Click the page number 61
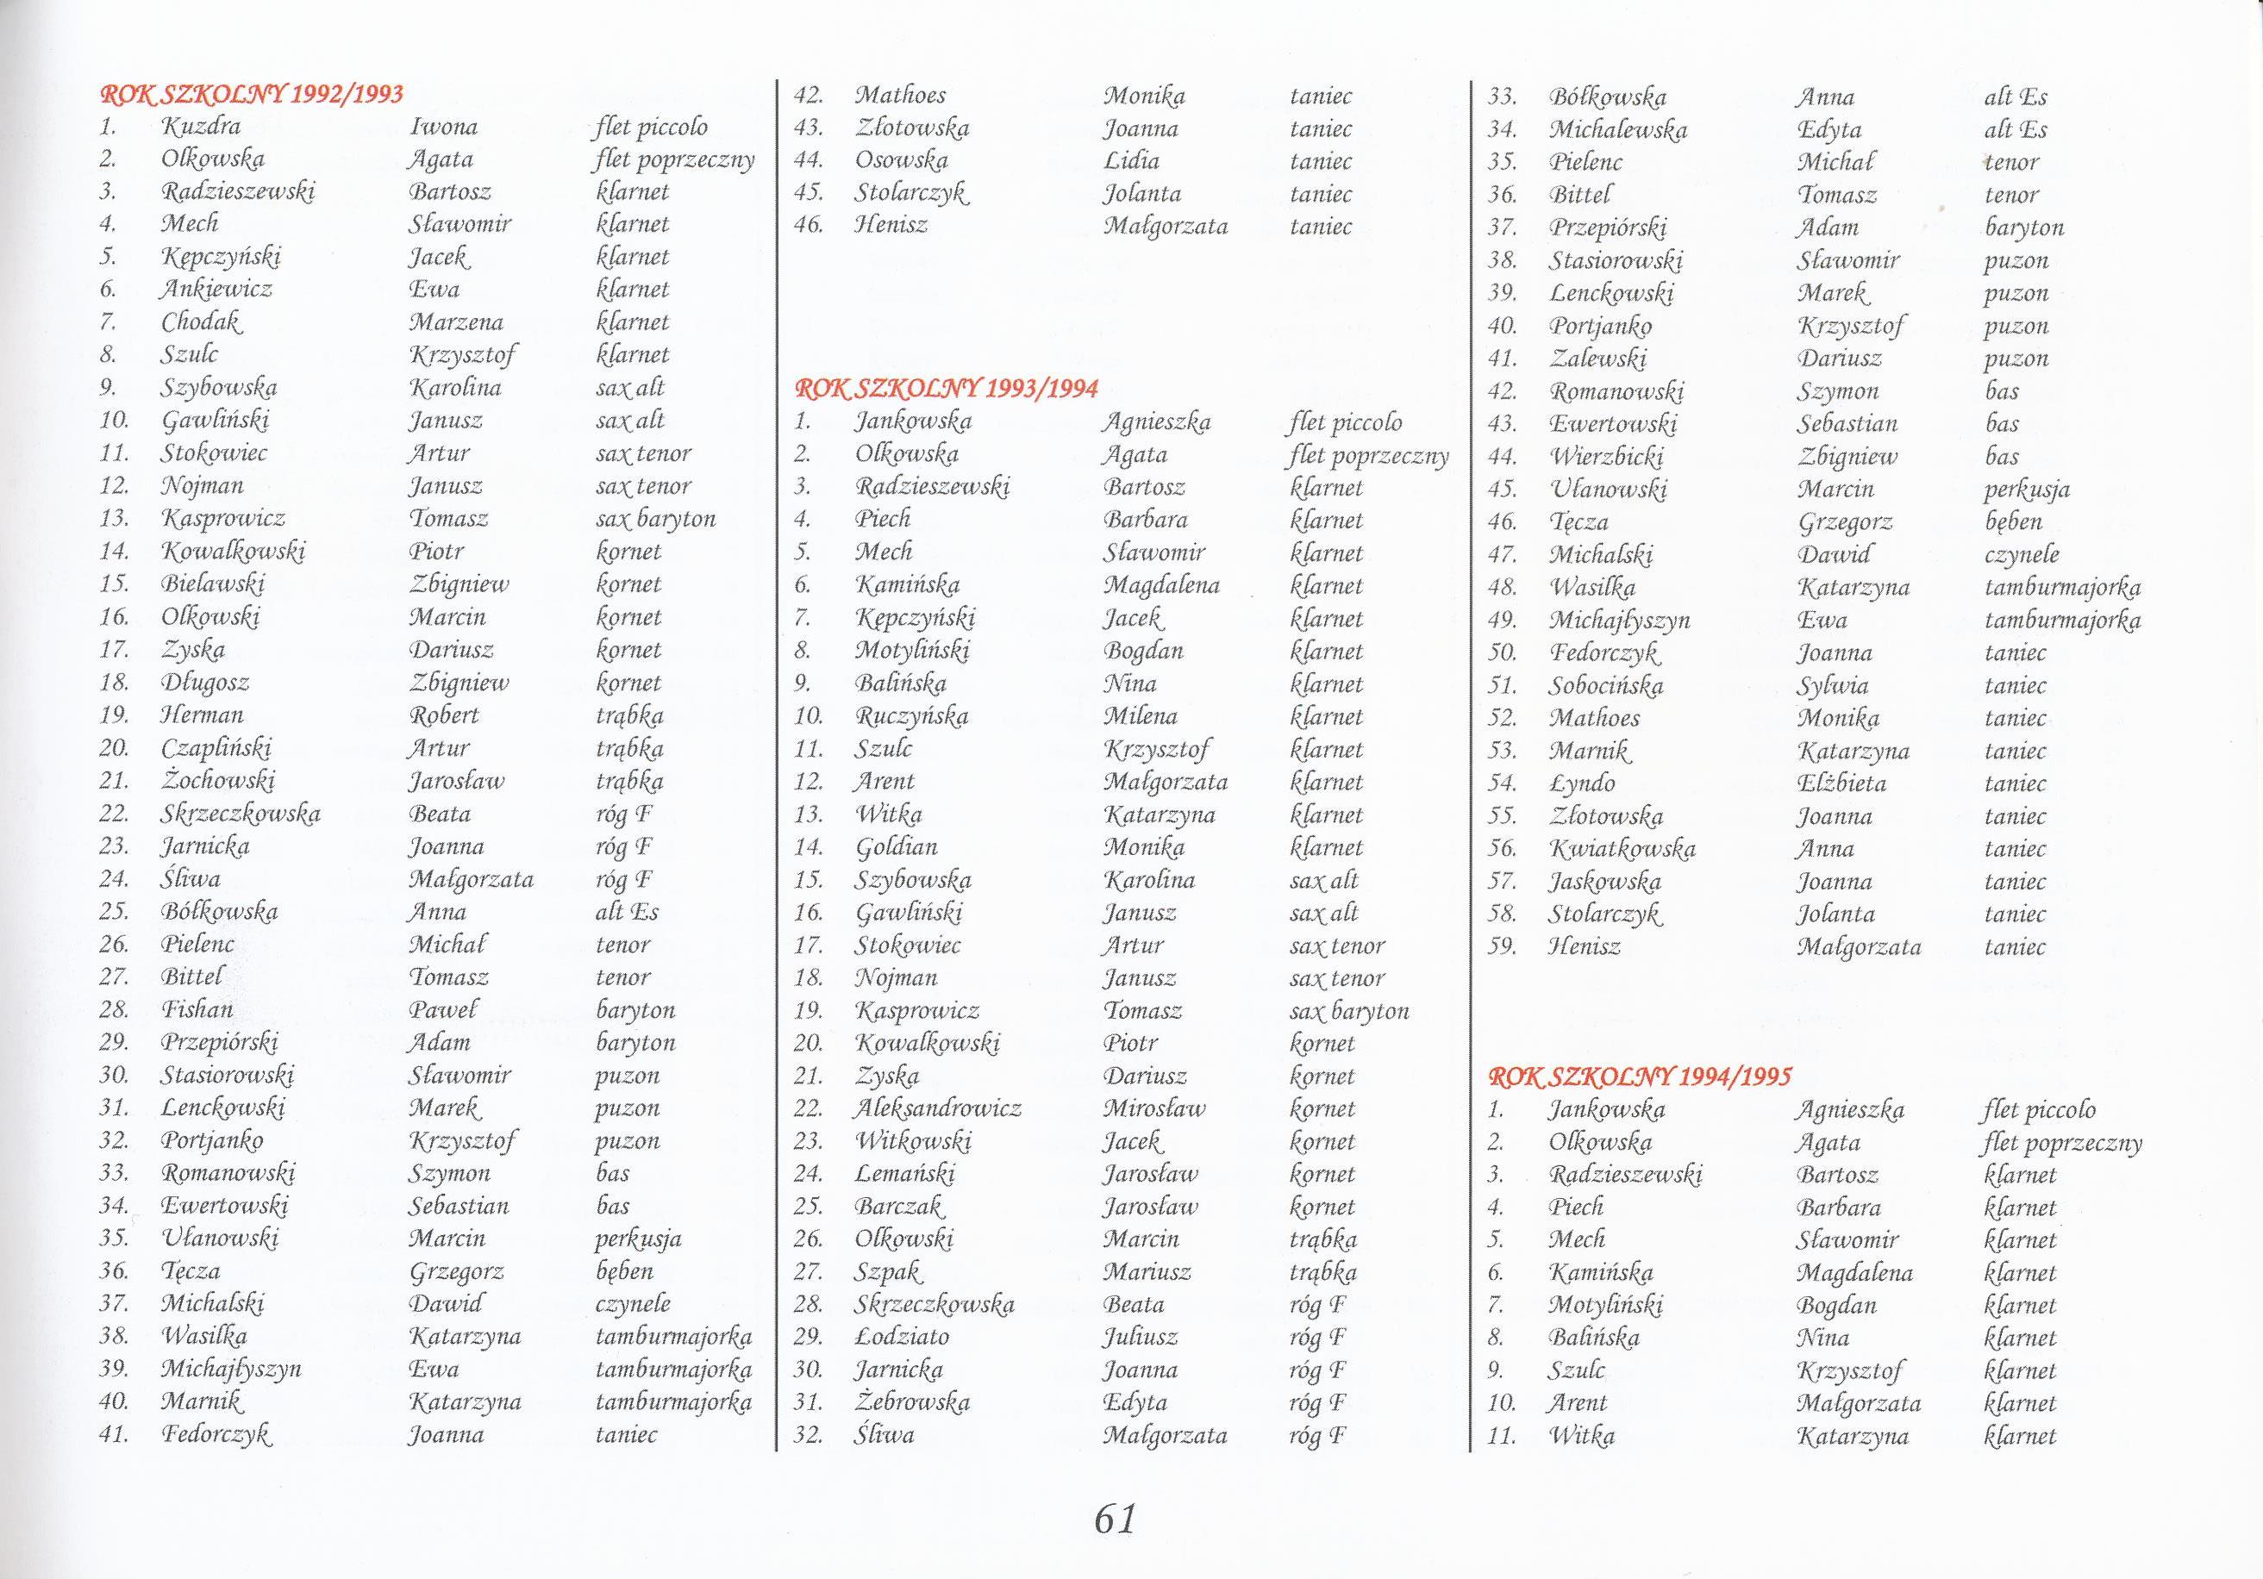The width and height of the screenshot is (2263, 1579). click(x=1115, y=1519)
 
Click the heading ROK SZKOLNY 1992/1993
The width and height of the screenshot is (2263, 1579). click(x=253, y=95)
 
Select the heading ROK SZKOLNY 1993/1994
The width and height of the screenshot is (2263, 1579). click(x=947, y=389)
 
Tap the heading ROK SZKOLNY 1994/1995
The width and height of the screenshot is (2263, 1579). click(x=1640, y=1077)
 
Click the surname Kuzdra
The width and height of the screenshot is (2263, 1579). click(x=201, y=126)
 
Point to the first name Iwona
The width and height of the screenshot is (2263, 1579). click(x=443, y=126)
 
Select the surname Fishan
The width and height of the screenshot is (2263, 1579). click(x=198, y=1009)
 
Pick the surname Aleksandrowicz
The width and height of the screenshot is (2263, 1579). click(x=937, y=1108)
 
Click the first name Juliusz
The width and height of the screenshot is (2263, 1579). click(x=1141, y=1338)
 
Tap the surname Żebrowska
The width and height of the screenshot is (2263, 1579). click(x=912, y=1402)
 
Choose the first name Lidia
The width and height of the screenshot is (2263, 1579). click(x=1131, y=160)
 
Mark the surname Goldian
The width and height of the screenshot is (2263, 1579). click(x=896, y=846)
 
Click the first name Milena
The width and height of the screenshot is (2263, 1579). click(x=1141, y=715)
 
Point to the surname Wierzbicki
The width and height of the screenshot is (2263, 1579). click(x=1607, y=456)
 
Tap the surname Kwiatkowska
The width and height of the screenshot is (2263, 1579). click(x=1622, y=849)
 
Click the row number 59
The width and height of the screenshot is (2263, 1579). click(x=1501, y=947)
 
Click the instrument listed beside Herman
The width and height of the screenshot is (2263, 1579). click(x=628, y=715)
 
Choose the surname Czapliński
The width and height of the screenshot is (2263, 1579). click(x=217, y=748)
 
